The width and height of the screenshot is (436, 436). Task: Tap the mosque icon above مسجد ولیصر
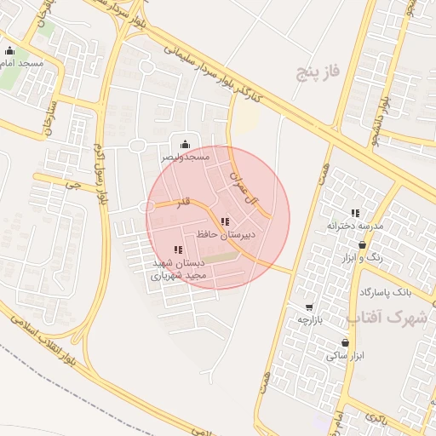pyautogui.click(x=185, y=145)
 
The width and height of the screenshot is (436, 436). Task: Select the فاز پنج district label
pyautogui.click(x=317, y=73)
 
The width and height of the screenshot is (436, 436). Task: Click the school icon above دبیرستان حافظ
pyautogui.click(x=225, y=221)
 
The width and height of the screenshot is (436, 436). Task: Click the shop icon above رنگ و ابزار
pyautogui.click(x=363, y=244)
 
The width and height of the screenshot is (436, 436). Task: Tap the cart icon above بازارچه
pyautogui.click(x=308, y=307)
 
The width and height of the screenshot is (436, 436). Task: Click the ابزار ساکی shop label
pyautogui.click(x=345, y=355)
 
